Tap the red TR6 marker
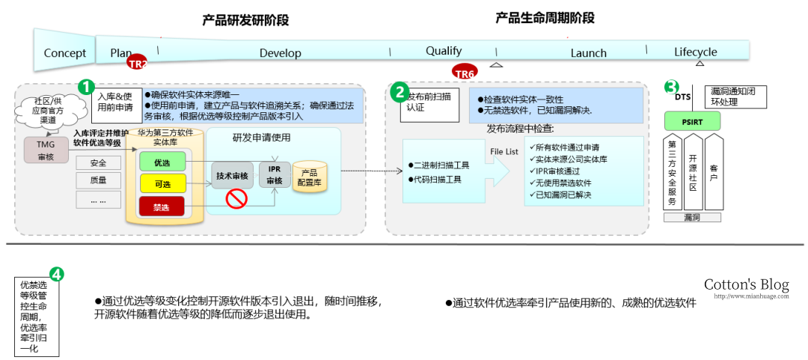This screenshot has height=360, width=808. coord(465,73)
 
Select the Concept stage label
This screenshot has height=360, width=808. coord(65,53)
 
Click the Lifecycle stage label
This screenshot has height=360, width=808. coord(695,52)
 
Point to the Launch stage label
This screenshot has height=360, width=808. coord(588,53)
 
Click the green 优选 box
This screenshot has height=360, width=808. coord(162,161)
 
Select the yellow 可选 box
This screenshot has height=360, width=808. coord(162,183)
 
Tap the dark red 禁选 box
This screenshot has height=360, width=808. coord(162,207)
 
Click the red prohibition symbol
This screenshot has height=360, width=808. coord(237,199)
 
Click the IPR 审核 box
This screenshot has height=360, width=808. coord(275,174)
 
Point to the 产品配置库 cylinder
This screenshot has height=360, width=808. coord(310,177)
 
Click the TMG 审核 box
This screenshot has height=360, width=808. coord(46,150)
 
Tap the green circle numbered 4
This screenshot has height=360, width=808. coord(56,275)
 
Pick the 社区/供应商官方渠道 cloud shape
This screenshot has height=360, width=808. coord(50,110)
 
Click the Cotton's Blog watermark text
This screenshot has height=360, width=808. coord(746,284)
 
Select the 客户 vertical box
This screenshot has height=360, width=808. coord(713,172)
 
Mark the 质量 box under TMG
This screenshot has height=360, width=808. coord(98,180)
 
